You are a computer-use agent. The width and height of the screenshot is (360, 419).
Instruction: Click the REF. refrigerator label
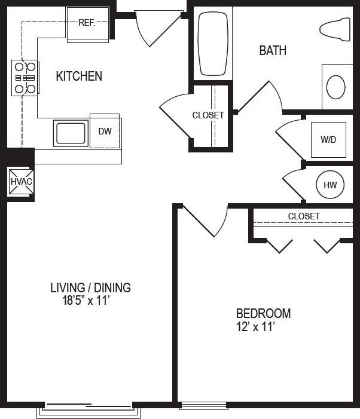coord(87,23)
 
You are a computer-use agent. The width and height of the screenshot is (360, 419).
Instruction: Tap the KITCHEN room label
coord(79,77)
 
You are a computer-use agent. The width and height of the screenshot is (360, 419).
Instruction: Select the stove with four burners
coord(24,78)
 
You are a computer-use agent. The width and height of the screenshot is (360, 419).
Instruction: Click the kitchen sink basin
coord(71,133)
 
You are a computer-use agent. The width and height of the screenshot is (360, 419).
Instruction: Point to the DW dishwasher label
coord(105,131)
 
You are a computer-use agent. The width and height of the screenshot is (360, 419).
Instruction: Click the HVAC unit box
coord(20,182)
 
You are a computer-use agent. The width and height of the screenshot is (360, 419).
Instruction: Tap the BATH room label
coord(272,51)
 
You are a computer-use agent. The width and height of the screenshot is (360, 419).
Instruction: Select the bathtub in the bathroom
coord(213,45)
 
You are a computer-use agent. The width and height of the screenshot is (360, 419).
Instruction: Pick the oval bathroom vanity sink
coord(336,87)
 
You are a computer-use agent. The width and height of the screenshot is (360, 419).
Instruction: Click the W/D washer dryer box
coord(328,140)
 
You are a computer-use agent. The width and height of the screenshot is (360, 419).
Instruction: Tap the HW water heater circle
coord(330,185)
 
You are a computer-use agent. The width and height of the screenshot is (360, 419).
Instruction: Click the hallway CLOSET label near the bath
coord(208,115)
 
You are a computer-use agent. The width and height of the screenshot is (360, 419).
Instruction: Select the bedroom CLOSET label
coord(304,216)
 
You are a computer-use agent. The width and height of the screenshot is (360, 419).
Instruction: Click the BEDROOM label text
coord(263,313)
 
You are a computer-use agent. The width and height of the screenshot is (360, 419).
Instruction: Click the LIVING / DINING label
coord(90,288)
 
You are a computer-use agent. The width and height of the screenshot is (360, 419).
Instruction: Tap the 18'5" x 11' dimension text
coord(87,301)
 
